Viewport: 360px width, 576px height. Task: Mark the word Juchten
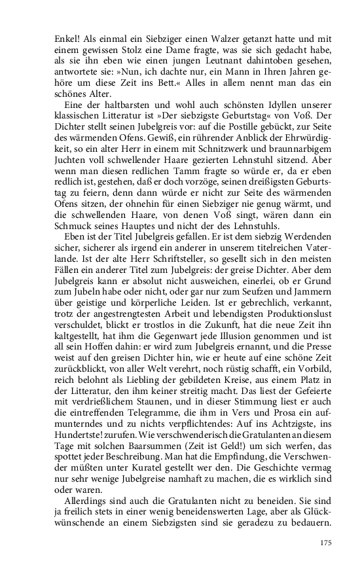point(71,161)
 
